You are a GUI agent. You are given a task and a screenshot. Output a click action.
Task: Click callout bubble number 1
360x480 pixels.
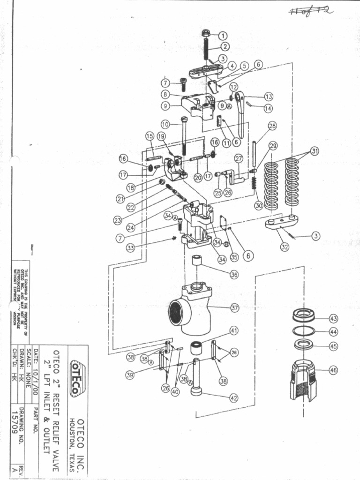(222, 35)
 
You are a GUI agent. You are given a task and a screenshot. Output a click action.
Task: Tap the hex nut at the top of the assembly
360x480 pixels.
(206, 33)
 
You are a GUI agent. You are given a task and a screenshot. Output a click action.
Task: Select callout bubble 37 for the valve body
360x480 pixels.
(235, 308)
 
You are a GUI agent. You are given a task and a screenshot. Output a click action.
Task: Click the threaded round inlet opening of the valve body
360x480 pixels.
(177, 311)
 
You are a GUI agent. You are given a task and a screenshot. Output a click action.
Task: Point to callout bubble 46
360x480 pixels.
(333, 370)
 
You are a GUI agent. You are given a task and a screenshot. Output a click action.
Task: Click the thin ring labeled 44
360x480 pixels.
(304, 331)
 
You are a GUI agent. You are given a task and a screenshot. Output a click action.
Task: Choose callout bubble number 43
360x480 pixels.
(333, 319)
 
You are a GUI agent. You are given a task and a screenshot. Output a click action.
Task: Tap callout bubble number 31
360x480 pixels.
(315, 151)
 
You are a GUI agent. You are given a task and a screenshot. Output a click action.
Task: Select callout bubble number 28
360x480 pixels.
(272, 126)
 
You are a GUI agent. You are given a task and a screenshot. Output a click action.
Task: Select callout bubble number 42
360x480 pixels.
(233, 398)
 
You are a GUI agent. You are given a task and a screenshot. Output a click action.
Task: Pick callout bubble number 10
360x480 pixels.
(165, 125)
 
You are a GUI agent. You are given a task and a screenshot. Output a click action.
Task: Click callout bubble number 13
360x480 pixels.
(269, 97)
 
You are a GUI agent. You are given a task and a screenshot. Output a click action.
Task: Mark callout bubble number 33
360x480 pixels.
(130, 248)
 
